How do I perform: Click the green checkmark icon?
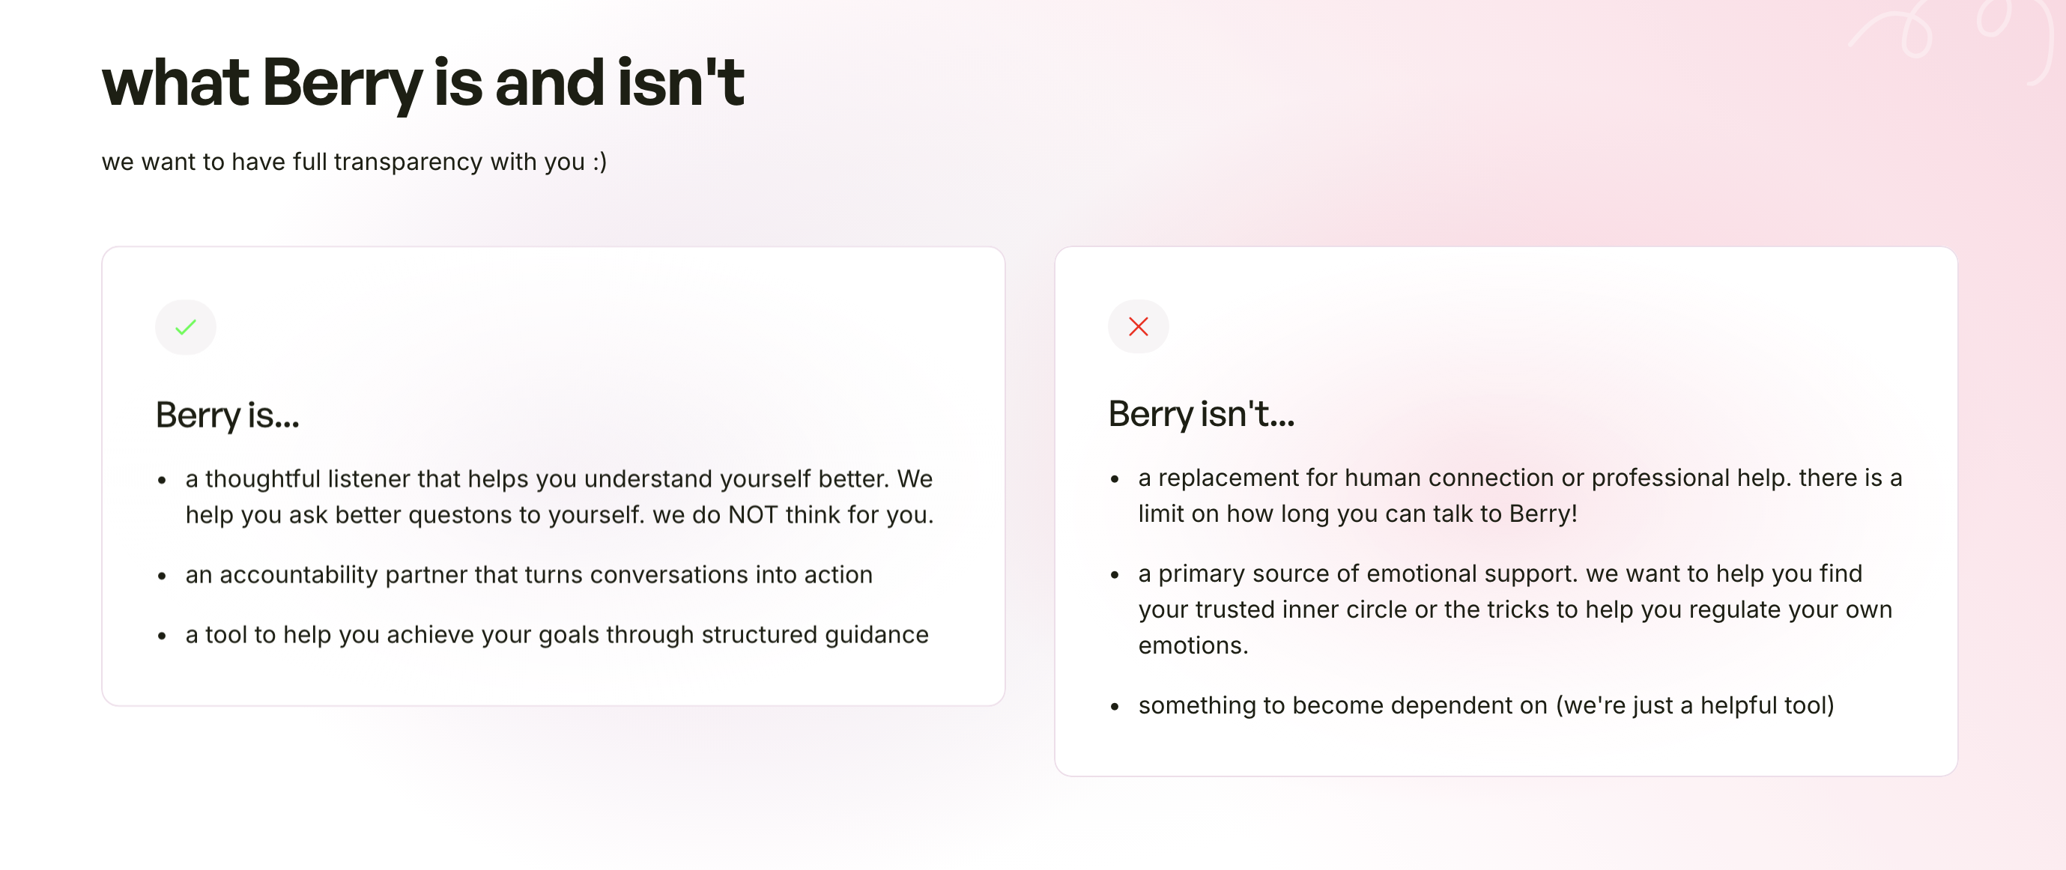click(185, 327)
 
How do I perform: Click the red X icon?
click(1138, 326)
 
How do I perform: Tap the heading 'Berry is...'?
click(227, 416)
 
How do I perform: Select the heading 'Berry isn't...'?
click(1201, 415)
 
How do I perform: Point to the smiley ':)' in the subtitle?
click(599, 162)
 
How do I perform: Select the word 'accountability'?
click(298, 575)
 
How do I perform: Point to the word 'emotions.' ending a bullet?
click(1193, 645)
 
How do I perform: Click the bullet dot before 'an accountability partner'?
click(162, 576)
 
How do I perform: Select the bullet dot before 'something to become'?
click(1115, 707)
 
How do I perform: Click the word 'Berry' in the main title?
click(341, 83)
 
